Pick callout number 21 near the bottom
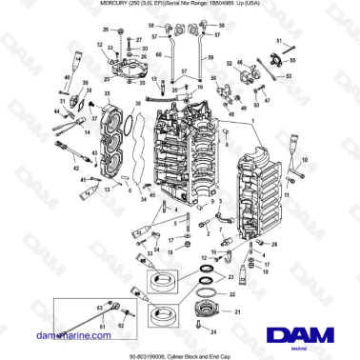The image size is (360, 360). [x=238, y=312]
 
